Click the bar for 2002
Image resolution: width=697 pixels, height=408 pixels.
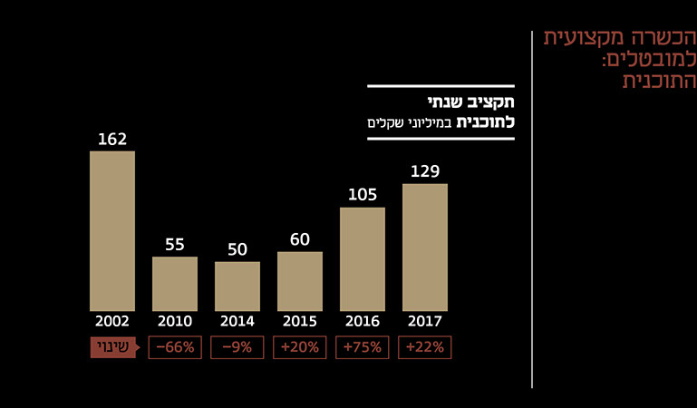coord(112,230)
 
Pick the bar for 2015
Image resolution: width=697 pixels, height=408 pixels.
coord(300,281)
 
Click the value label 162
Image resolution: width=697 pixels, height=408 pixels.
coord(112,140)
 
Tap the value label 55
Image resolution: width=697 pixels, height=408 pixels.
coord(175,245)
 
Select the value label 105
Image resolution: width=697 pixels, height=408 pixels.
coord(363,195)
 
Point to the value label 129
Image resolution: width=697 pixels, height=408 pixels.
coord(425,171)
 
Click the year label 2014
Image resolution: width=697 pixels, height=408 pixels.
coord(237,321)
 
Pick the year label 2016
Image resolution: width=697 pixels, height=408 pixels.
coord(363,321)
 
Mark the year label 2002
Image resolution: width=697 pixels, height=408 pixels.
coord(112,321)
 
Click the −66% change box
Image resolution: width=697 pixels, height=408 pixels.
coord(175,347)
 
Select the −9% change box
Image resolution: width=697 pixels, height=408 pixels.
coord(237,347)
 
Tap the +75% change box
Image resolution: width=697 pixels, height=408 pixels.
coord(363,347)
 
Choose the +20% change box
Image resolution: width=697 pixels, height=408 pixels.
coord(300,347)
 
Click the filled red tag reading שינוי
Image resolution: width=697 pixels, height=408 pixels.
coord(112,347)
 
